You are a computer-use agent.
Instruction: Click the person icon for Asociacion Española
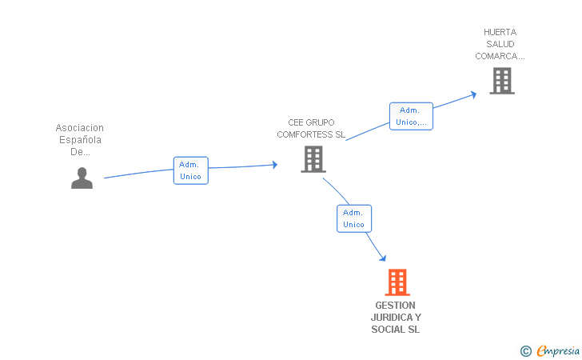point(82,178)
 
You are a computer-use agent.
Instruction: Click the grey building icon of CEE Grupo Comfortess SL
point(313,159)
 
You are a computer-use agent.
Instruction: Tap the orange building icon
point(397,282)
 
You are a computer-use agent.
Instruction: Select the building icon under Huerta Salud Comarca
point(501,80)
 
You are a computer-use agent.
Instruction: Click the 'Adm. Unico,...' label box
point(411,116)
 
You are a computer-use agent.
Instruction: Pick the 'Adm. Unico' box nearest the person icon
point(190,170)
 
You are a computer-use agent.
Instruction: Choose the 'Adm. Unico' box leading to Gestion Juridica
point(353,218)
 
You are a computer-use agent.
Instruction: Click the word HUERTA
point(500,33)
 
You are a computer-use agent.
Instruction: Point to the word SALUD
point(500,44)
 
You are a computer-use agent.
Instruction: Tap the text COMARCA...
point(500,56)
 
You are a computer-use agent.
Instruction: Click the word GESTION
point(395,306)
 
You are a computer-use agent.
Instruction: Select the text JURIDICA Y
point(395,318)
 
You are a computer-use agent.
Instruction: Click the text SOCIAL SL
point(395,330)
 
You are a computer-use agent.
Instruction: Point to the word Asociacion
point(80,128)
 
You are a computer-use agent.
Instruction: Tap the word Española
point(79,140)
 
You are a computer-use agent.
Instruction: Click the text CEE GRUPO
point(311,122)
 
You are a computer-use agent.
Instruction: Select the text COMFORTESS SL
point(311,134)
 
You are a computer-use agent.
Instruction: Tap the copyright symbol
point(525,350)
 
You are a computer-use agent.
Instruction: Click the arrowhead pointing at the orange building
point(383,258)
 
